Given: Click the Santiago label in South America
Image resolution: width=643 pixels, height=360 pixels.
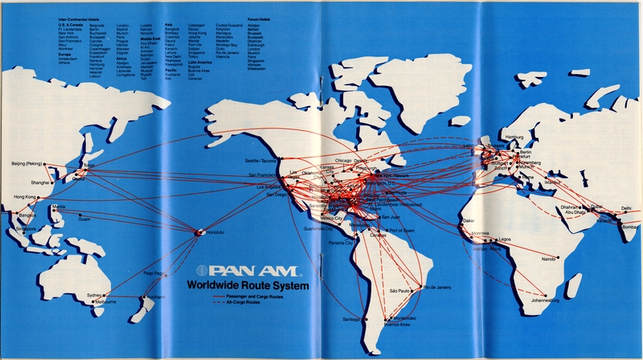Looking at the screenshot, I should [x=350, y=319].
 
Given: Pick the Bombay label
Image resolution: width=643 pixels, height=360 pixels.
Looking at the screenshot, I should [x=627, y=227].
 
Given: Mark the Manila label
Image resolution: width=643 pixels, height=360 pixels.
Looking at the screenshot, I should [x=58, y=207].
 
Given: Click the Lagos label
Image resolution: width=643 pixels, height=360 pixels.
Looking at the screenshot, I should [x=505, y=239].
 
